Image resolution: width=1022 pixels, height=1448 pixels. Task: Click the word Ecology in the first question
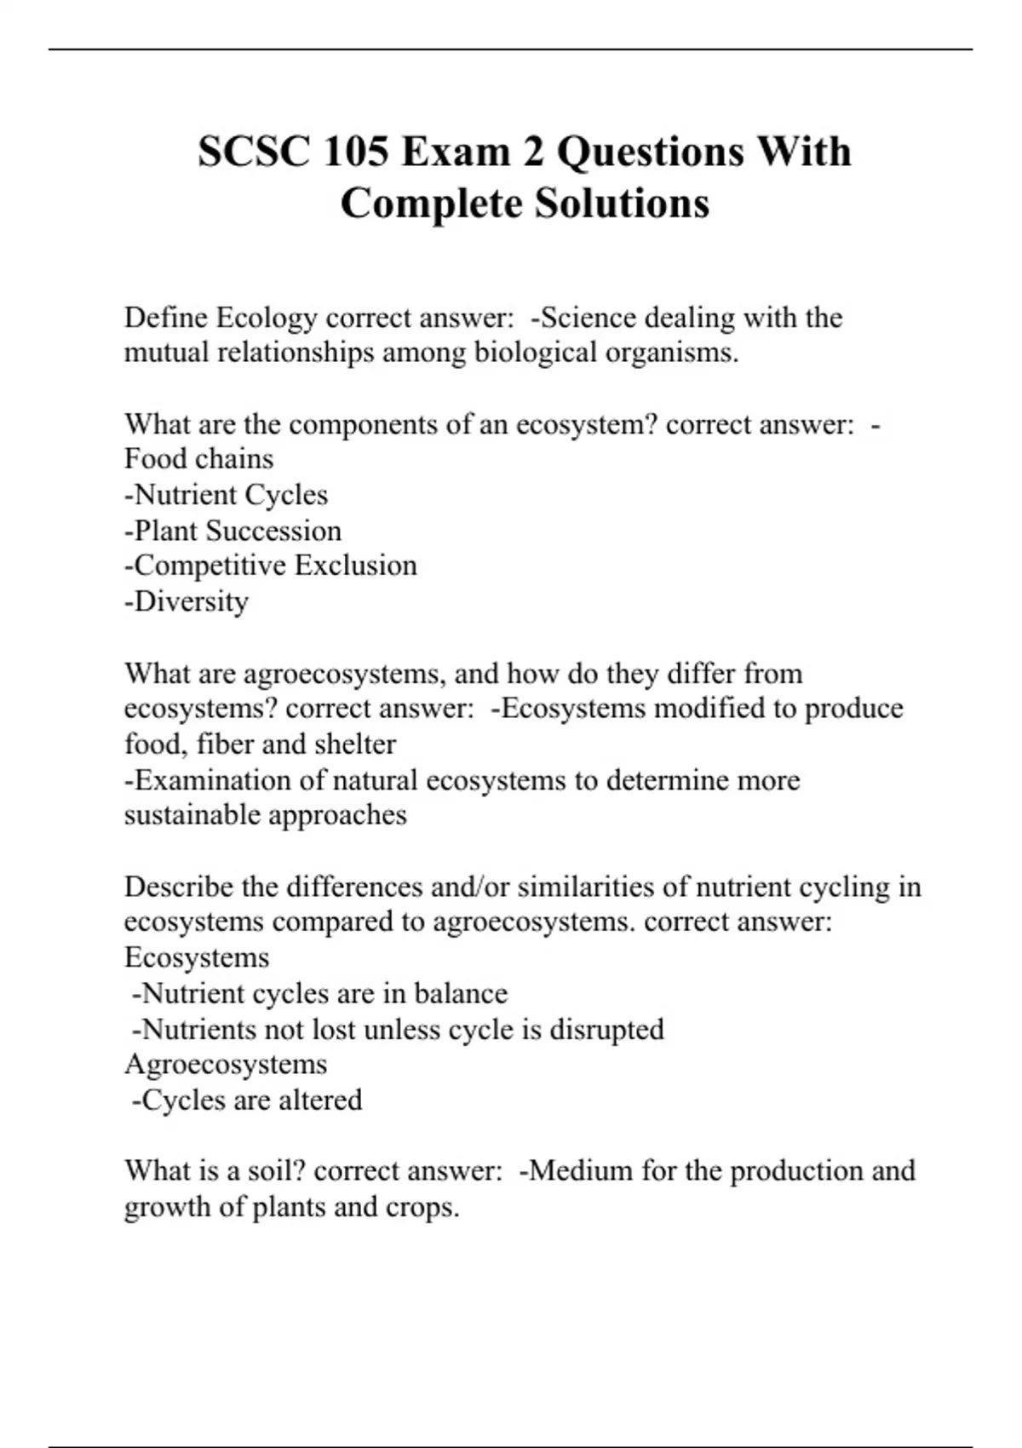coord(266,318)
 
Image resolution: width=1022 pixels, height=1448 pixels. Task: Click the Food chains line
coord(198,459)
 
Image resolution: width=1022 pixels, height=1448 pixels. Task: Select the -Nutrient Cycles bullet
coord(226,495)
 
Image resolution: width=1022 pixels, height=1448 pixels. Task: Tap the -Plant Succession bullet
coord(233,531)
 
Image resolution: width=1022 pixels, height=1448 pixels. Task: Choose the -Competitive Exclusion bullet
coord(271,566)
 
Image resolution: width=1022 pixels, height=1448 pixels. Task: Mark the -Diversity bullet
coord(187,601)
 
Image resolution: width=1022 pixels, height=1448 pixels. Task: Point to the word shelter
coord(355,744)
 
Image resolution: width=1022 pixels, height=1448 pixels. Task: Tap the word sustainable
coord(192,815)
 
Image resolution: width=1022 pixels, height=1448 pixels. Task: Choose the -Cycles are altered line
coord(247,1100)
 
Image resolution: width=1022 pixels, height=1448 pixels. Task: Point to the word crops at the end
coord(422,1207)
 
